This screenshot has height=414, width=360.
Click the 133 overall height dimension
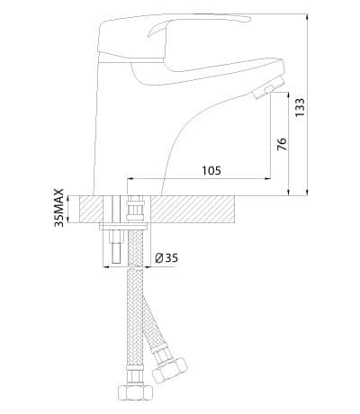pos(300,107)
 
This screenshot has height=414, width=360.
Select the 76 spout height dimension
pos(282,144)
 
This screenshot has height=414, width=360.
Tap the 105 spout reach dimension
pos(211,171)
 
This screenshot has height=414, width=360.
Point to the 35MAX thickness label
pos(59,207)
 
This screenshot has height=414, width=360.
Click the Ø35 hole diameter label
pos(166,257)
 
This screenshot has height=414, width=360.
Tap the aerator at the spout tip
pos(267,87)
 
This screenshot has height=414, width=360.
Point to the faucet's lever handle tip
pos(247,20)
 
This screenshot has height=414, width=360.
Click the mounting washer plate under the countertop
pos(124,227)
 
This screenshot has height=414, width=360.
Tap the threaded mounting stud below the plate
pos(115,247)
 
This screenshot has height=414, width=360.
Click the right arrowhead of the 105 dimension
pos(267,179)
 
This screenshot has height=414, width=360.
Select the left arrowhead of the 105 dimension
pos(130,179)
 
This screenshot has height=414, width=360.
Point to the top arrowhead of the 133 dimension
pos(307,17)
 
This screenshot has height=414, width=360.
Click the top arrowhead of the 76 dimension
pos(289,96)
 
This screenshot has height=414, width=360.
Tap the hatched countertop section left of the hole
pos(91,209)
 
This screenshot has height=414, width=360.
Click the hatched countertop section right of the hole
pos(193,209)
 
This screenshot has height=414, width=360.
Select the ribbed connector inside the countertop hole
pos(135,208)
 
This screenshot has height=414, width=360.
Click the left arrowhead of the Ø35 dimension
pos(106,266)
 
